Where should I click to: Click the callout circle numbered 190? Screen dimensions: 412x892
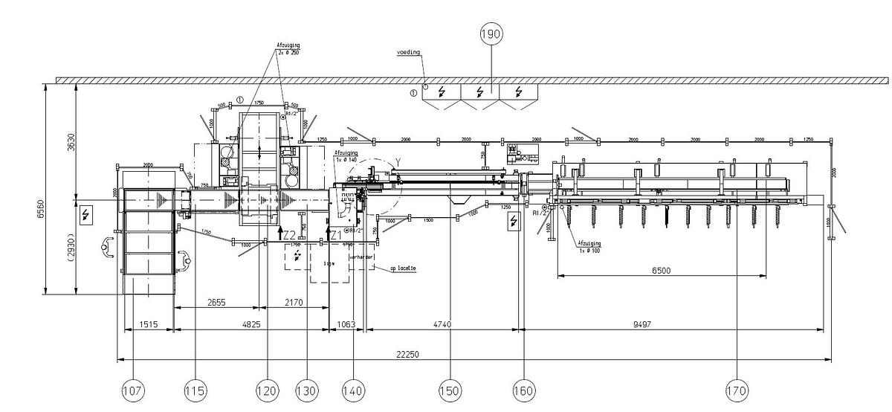[491, 34]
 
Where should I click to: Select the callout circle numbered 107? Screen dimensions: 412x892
[132, 390]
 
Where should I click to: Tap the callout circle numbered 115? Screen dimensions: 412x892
[196, 390]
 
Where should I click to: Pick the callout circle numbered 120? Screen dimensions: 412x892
[267, 390]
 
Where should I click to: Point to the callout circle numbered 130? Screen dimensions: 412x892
[306, 390]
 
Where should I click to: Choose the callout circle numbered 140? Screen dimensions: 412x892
[353, 390]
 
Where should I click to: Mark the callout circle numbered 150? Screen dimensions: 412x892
[450, 390]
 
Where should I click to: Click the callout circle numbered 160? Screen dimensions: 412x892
[524, 390]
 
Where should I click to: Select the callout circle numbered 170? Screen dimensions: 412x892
[737, 390]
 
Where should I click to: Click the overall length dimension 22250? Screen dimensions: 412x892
[408, 355]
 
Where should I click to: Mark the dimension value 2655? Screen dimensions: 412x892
[216, 303]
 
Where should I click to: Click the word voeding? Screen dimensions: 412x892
[408, 53]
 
